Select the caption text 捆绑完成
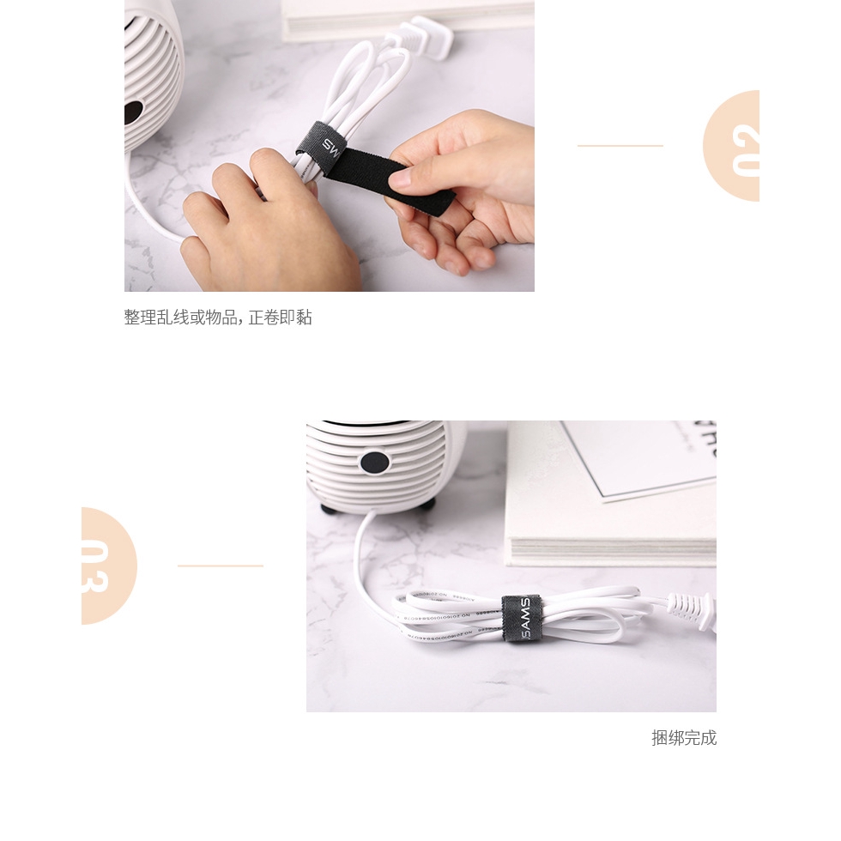point(683,738)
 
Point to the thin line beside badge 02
point(620,146)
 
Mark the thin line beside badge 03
point(220,566)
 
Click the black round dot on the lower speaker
point(375,463)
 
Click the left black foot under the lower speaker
point(330,509)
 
